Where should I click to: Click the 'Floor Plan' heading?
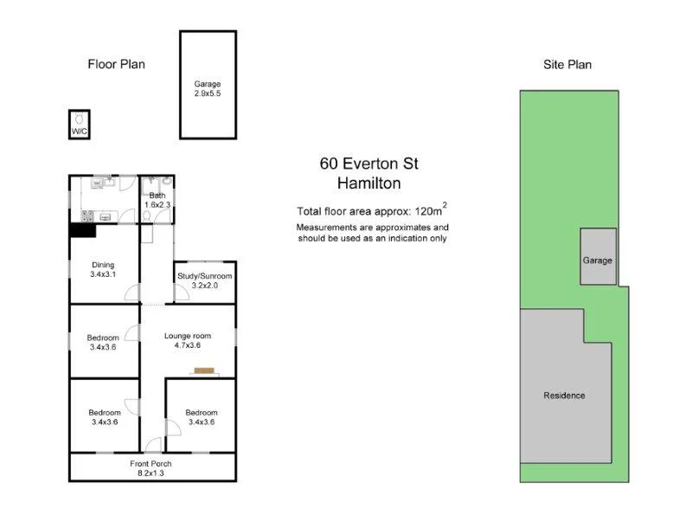tap(116, 64)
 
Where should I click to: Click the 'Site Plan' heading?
tap(567, 64)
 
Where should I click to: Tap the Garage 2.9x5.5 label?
tap(207, 88)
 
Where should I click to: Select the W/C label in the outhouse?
tap(79, 131)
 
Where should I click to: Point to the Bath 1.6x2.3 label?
tap(157, 200)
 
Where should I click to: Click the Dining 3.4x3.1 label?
tap(103, 270)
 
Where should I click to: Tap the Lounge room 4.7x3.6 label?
tap(188, 340)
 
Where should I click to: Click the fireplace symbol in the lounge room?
tap(203, 371)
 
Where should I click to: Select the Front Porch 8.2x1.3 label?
tap(151, 468)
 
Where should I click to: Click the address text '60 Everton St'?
tap(368, 164)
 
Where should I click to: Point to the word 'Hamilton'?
tap(368, 183)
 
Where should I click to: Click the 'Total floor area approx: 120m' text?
tap(368, 210)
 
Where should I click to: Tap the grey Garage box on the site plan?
tap(598, 257)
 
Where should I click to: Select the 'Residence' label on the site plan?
tap(564, 396)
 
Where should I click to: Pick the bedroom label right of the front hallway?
tap(200, 417)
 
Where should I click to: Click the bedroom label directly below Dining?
tap(103, 342)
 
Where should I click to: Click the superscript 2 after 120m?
tap(445, 205)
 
